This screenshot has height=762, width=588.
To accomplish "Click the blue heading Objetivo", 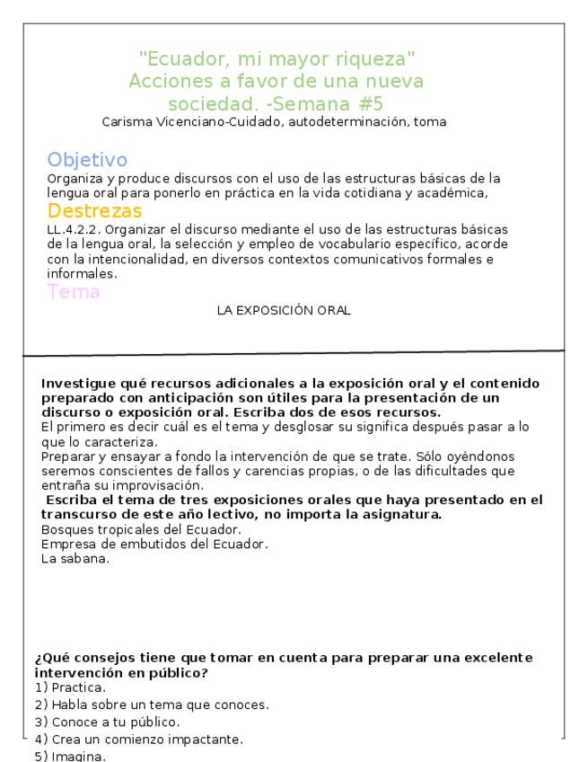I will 87,160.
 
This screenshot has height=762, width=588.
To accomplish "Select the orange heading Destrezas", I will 94,211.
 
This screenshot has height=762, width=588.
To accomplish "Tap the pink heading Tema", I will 74,292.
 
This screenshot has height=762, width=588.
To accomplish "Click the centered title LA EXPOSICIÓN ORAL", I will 284,311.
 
